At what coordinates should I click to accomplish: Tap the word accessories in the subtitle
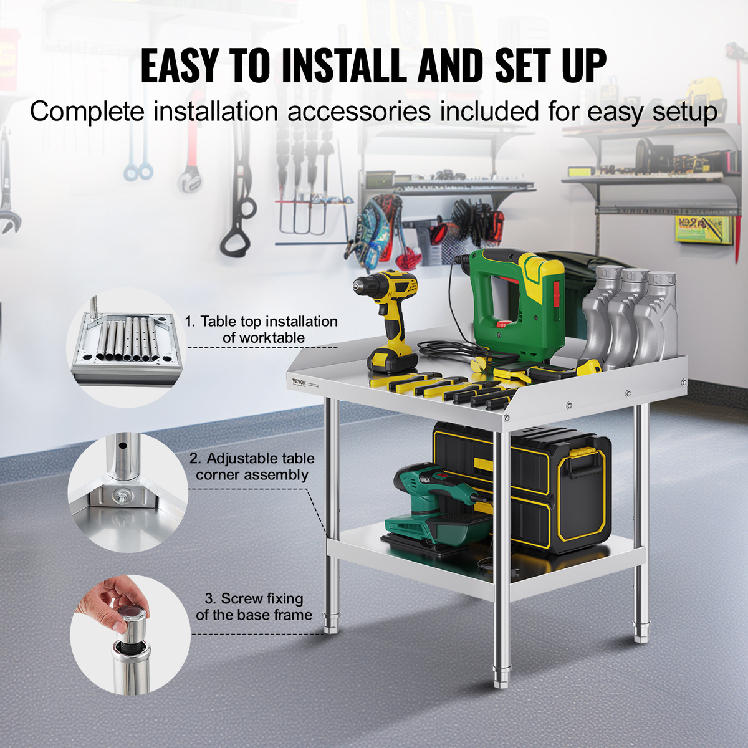[x=358, y=112]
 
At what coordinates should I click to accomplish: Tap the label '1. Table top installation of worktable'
[x=261, y=330]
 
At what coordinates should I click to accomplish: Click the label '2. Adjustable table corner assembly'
[x=252, y=467]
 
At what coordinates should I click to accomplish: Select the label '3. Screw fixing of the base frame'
[x=254, y=607]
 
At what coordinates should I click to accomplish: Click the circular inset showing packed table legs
[x=126, y=347]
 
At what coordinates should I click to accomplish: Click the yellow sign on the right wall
[x=703, y=230]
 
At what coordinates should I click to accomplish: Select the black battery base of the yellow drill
[x=392, y=361]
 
